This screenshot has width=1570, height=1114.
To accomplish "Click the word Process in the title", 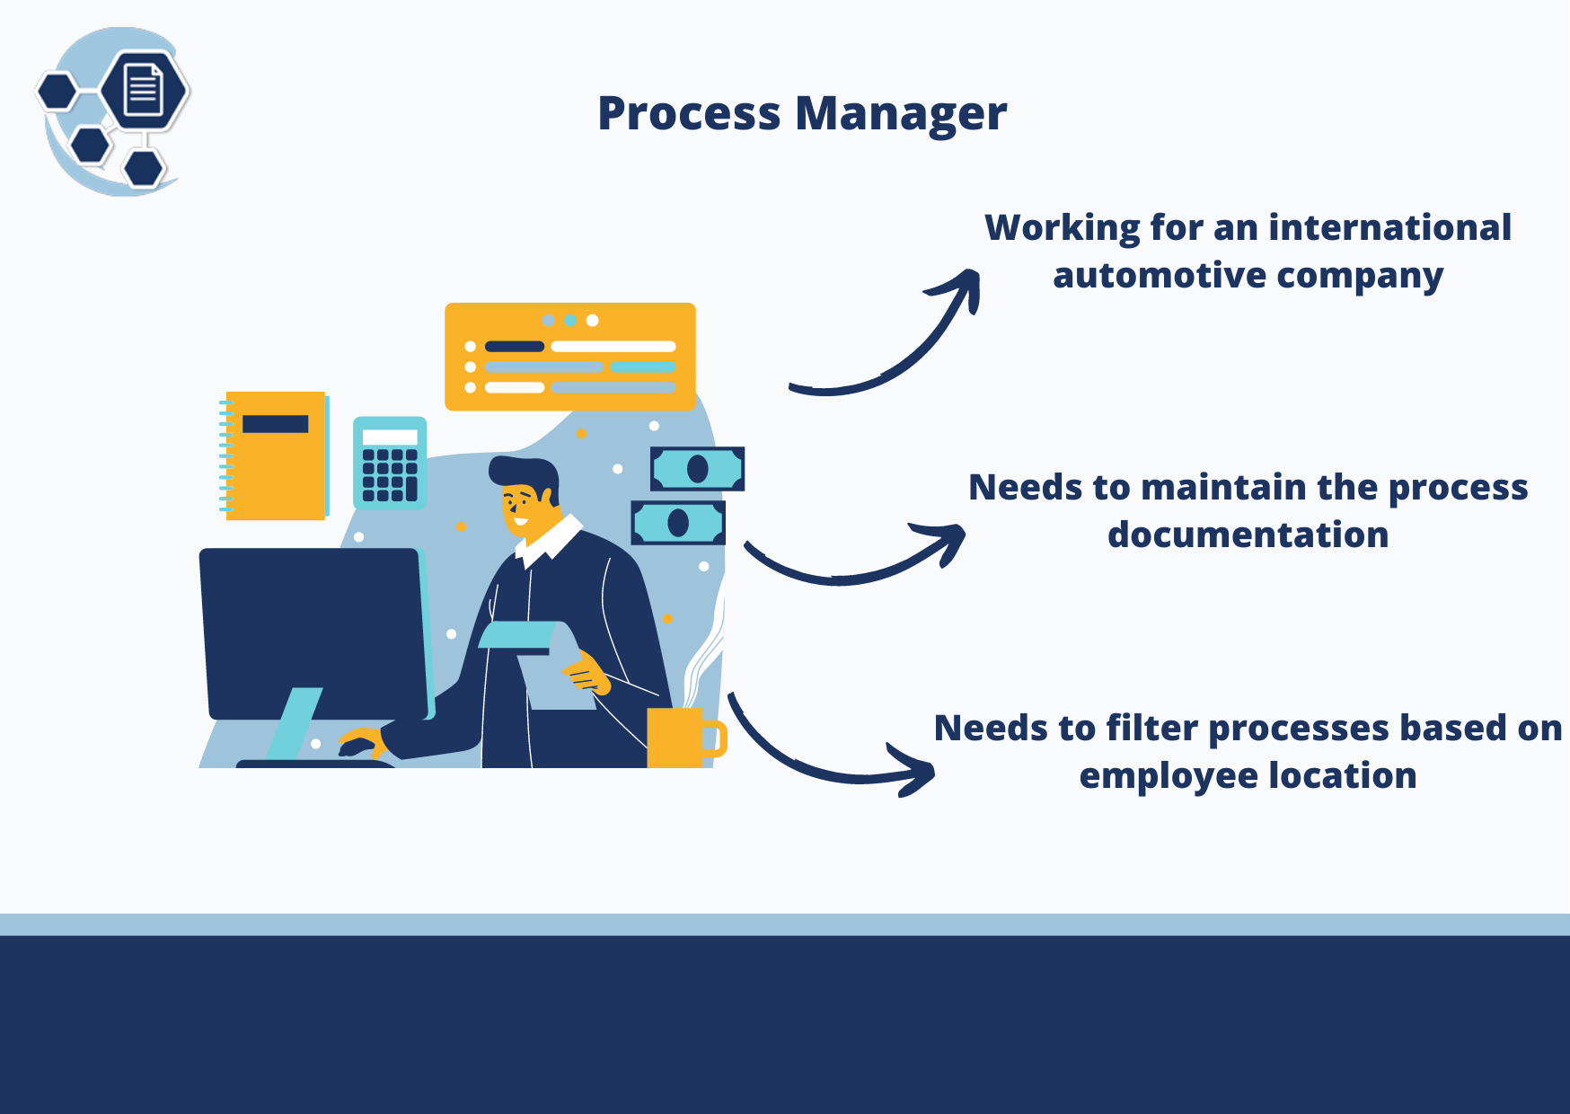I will (x=689, y=115).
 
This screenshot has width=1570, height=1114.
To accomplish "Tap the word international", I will (x=1389, y=228).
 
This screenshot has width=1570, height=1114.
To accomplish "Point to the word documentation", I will (x=1248, y=535).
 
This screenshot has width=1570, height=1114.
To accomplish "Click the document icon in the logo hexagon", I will (x=144, y=90).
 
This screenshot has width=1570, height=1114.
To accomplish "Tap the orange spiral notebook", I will (x=275, y=455).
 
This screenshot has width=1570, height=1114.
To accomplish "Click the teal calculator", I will (x=390, y=464).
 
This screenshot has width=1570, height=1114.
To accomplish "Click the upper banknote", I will (x=697, y=468).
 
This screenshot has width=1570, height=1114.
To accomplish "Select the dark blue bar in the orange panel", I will (x=515, y=347).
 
